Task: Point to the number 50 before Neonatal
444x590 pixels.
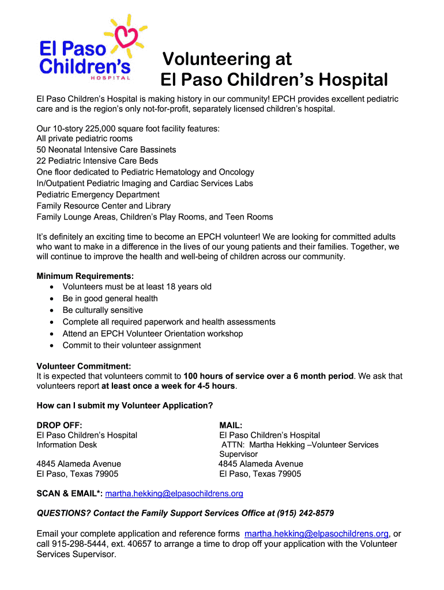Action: click(x=42, y=150)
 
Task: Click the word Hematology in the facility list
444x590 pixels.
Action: click(x=172, y=172)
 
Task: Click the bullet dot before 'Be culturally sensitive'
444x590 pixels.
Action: click(x=52, y=311)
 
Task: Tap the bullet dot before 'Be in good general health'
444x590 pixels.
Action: click(x=52, y=298)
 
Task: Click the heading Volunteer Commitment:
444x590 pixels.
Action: click(x=84, y=366)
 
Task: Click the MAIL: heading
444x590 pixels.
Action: click(x=231, y=425)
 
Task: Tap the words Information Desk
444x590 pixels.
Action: click(x=66, y=445)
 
